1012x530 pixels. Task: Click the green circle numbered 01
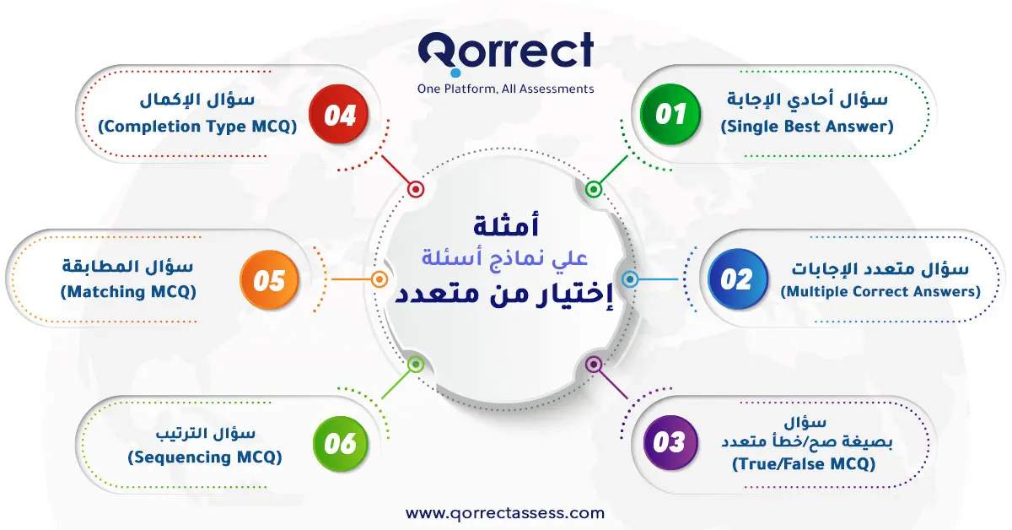[670, 114]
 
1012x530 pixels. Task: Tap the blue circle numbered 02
[738, 279]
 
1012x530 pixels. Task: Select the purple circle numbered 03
[670, 443]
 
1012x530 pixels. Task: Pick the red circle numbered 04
[339, 114]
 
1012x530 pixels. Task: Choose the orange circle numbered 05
[269, 280]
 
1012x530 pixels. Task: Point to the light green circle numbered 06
[340, 444]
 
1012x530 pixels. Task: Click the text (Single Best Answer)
[807, 127]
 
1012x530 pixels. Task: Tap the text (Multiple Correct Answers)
[880, 292]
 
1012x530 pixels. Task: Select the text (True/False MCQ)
[804, 464]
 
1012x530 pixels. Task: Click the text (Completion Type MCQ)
[197, 127]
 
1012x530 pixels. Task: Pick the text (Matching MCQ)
[128, 292]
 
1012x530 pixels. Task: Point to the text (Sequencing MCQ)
[205, 457]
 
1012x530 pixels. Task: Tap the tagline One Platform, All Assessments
[505, 89]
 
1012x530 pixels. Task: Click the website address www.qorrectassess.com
[505, 514]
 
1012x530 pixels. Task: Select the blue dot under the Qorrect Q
[456, 73]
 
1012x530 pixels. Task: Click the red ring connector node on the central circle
[416, 189]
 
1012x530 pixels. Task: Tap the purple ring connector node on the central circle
[594, 364]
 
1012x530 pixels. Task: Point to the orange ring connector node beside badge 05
[379, 279]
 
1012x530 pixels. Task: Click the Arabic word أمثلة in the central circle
[506, 225]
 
